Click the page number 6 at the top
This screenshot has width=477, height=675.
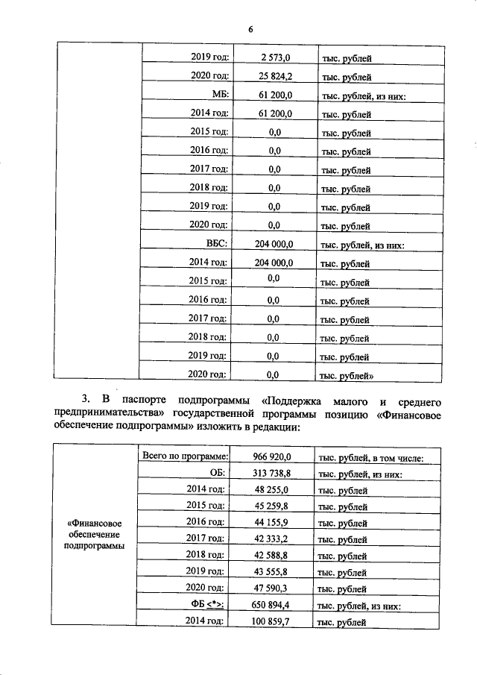coord(250,29)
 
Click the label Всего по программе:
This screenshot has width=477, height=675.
coord(184,456)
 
